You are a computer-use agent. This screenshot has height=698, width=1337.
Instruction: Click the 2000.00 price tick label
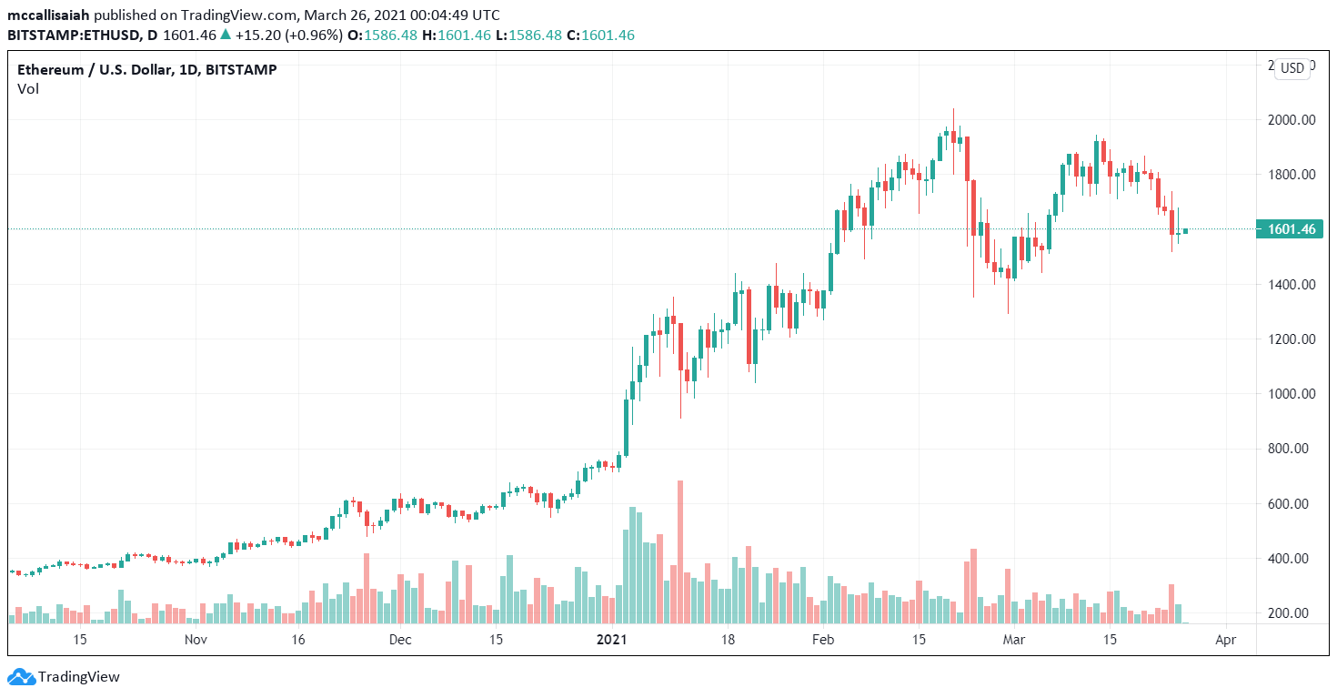[x=1292, y=120]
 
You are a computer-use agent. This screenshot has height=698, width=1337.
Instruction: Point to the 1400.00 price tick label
[x=1292, y=285]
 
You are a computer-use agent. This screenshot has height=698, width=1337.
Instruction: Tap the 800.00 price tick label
[x=1292, y=449]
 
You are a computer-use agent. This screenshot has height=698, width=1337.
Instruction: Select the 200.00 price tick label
[x=1292, y=613]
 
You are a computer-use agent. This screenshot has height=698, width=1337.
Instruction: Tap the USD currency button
[x=1292, y=68]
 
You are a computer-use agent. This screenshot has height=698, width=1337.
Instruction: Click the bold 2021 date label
[x=612, y=640]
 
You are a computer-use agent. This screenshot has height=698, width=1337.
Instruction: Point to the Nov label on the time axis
[x=196, y=640]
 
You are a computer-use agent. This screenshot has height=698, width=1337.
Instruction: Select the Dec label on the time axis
[x=400, y=640]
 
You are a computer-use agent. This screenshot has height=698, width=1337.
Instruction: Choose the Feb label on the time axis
[x=823, y=640]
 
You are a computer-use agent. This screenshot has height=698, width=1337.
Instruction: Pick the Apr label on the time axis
[x=1225, y=640]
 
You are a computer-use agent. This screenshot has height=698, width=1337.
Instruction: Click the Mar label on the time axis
[x=1013, y=640]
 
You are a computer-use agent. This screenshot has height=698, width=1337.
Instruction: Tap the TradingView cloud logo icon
[x=23, y=677]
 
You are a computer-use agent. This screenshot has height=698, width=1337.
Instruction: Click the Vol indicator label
[x=28, y=89]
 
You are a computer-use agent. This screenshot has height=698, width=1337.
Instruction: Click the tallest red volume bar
[x=680, y=551]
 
